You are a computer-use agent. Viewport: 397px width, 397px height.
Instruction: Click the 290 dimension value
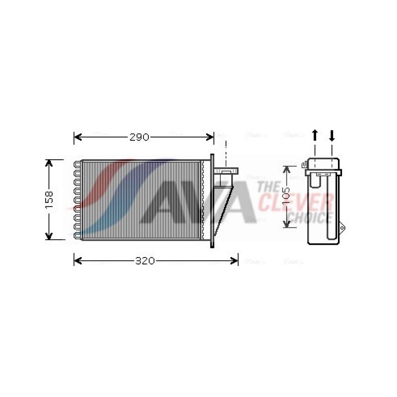pos(139,137)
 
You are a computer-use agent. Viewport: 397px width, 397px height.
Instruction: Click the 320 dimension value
pos(145,261)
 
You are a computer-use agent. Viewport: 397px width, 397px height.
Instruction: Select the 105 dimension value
pos(287,196)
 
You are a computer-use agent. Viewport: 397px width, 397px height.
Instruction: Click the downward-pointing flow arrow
pos(332,135)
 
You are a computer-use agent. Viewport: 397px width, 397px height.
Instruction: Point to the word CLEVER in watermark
pos(296,202)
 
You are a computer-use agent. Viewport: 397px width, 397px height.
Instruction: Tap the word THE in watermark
pos(269,187)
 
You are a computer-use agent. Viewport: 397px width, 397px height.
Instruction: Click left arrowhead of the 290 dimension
pos(77,137)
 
